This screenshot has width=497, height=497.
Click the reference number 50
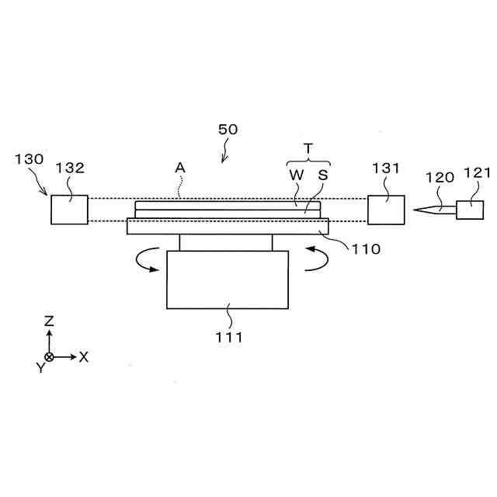228,130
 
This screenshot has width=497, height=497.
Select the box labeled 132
70,210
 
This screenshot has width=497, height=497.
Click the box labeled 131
385,210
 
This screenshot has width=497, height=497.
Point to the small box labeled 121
470,209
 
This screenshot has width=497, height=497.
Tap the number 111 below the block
230,337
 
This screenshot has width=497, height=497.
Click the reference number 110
366,249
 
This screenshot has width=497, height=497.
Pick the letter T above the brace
308,148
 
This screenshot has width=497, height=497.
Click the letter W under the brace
297,175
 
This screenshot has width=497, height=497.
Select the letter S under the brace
322,175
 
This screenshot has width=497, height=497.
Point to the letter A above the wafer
180,166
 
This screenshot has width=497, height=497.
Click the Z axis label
49,319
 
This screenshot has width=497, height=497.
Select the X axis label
84,356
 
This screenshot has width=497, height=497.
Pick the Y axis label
40,368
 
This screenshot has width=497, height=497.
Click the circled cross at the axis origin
49,356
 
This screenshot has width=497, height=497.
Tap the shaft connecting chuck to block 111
226,242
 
